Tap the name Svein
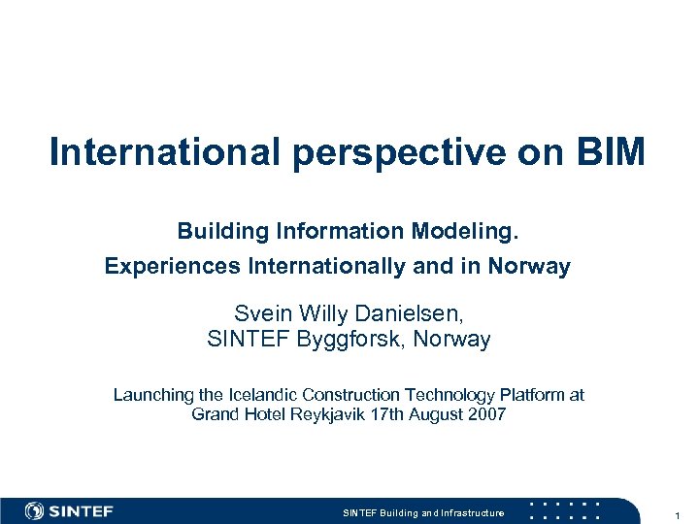pyautogui.click(x=263, y=313)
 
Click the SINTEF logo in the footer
pyautogui.click(x=82, y=511)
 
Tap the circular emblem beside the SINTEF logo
pyautogui.click(x=34, y=511)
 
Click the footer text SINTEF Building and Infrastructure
pyautogui.click(x=424, y=512)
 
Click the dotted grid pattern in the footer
pyautogui.click(x=571, y=511)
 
